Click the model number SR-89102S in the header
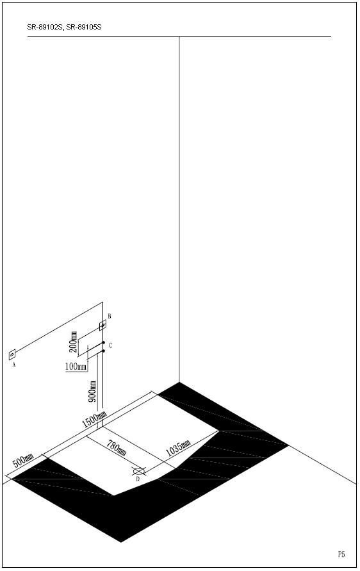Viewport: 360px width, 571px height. pyautogui.click(x=44, y=27)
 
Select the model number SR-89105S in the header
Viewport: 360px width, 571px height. pyautogui.click(x=84, y=27)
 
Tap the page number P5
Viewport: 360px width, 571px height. pyautogui.click(x=341, y=554)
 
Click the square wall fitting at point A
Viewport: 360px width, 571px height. pyautogui.click(x=12, y=354)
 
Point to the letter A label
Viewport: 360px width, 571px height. pyautogui.click(x=14, y=365)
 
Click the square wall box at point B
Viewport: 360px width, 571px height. pyautogui.click(x=102, y=325)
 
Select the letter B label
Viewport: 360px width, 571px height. pyautogui.click(x=109, y=316)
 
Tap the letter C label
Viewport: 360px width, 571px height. pyautogui.click(x=110, y=345)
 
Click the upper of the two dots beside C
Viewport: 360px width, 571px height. pyautogui.click(x=103, y=343)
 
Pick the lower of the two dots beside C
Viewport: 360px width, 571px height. pyautogui.click(x=103, y=351)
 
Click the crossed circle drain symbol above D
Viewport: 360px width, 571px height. pyautogui.click(x=139, y=471)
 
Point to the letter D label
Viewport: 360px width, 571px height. pyautogui.click(x=138, y=479)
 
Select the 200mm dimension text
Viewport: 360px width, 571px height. pyautogui.click(x=73, y=342)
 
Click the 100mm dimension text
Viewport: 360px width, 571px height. pyautogui.click(x=76, y=367)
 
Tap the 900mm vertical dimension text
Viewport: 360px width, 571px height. pyautogui.click(x=93, y=392)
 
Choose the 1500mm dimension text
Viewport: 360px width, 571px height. pyautogui.click(x=94, y=419)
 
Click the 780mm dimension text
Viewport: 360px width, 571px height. pyautogui.click(x=117, y=447)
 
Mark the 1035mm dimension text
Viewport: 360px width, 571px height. pyautogui.click(x=178, y=449)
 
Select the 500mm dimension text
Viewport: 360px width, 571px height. pyautogui.click(x=23, y=461)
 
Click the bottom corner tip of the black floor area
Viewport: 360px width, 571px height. pyautogui.click(x=121, y=542)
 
